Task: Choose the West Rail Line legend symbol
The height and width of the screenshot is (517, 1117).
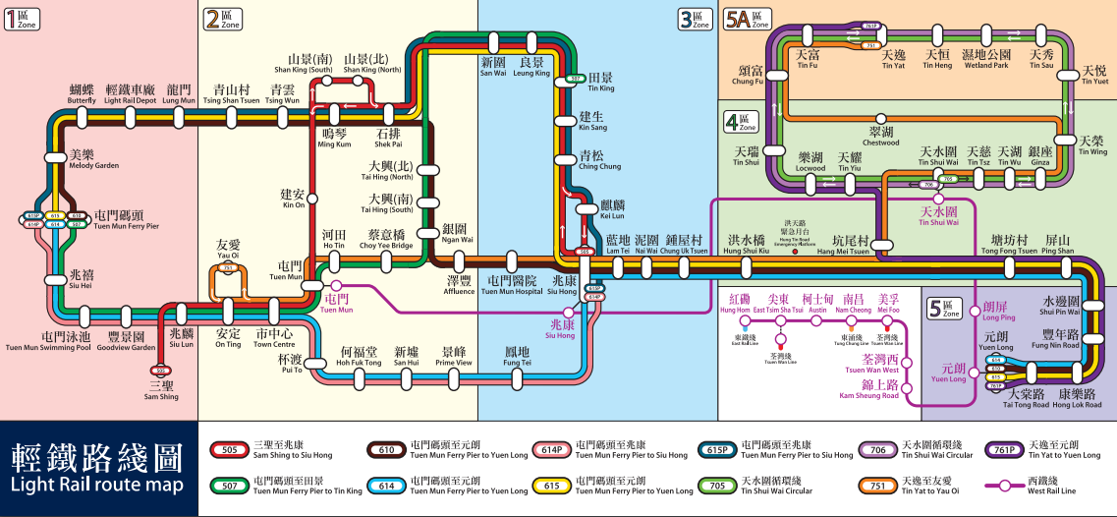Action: tap(1013, 485)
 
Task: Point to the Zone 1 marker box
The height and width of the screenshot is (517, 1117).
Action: tap(23, 19)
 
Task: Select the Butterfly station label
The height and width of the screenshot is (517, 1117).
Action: tap(82, 94)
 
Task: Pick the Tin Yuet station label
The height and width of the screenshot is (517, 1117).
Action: tap(1093, 75)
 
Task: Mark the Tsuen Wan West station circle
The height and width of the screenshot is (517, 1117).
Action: tap(906, 365)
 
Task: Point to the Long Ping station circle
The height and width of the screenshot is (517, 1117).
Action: tap(974, 312)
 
